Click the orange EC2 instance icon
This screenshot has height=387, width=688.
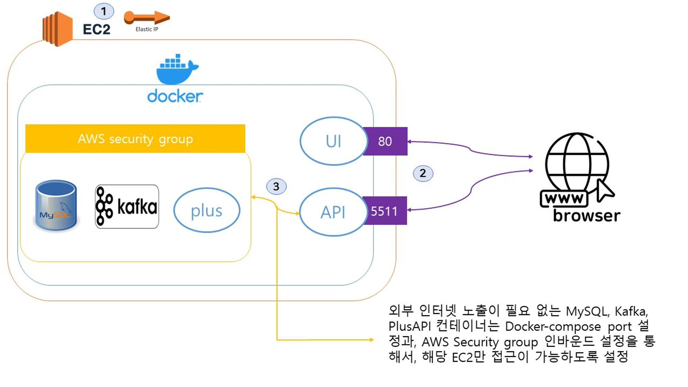click(57, 29)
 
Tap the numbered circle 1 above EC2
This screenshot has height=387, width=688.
click(104, 11)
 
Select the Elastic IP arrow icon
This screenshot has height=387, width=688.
click(147, 18)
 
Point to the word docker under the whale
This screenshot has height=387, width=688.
click(175, 96)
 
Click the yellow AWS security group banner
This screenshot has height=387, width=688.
click(135, 139)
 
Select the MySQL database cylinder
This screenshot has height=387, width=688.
click(56, 205)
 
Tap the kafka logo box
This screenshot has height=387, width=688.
click(127, 206)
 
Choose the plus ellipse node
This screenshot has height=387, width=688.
click(207, 210)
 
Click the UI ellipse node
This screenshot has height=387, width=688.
click(333, 141)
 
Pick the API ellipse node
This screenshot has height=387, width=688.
click(333, 212)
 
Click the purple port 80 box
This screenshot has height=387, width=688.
click(385, 141)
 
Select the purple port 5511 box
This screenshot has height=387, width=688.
click(385, 211)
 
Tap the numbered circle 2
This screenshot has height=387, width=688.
click(423, 173)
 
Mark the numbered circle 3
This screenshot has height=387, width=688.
click(276, 186)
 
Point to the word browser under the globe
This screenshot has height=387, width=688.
click(587, 216)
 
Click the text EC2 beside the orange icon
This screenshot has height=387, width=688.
click(97, 30)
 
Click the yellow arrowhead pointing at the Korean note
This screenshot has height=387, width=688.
click(372, 340)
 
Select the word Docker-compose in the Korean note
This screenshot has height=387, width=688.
click(553, 326)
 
